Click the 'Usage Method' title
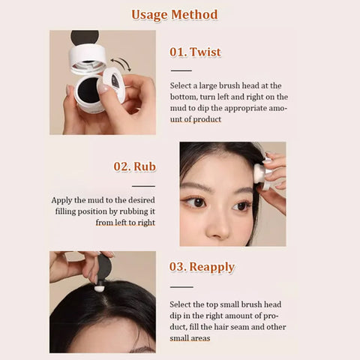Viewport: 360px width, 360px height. [x=175, y=15]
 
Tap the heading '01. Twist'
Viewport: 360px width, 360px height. [x=195, y=52]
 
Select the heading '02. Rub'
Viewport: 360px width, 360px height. [x=135, y=166]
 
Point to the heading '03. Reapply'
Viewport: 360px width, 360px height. [x=202, y=267]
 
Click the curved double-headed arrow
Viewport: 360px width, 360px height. [x=121, y=64]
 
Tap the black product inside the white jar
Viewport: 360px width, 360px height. [x=88, y=90]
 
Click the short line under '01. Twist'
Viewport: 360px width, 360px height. [x=181, y=70]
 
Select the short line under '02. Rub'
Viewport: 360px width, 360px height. [x=143, y=186]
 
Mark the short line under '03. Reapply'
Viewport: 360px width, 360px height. [x=181, y=287]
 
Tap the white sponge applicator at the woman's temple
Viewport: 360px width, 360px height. [x=259, y=172]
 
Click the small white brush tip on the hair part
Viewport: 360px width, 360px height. [x=100, y=288]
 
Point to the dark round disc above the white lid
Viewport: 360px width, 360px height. [x=85, y=37]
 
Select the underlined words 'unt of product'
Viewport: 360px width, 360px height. [x=196, y=119]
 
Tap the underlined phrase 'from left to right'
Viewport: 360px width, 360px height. [x=125, y=223]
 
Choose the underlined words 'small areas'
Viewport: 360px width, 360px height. [x=190, y=338]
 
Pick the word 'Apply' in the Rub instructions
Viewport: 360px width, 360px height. [x=61, y=200]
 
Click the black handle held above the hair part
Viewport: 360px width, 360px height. [x=103, y=268]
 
